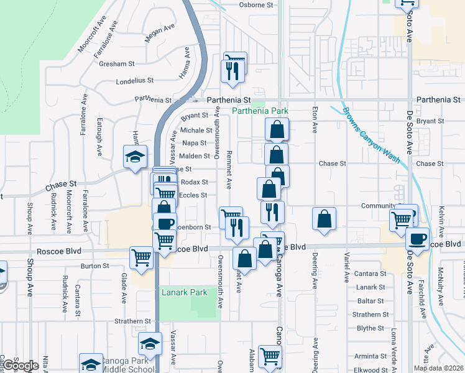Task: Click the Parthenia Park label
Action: [260, 111]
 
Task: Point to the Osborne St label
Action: [256, 4]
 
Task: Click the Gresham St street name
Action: [116, 63]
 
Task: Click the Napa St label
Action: [195, 143]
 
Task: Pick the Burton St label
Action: [95, 265]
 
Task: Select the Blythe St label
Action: [371, 328]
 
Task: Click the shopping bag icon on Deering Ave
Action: [324, 219]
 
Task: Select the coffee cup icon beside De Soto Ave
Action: [417, 238]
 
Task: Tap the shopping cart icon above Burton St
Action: [142, 257]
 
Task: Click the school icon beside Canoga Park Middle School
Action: [91, 364]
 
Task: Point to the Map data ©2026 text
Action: [439, 368]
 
